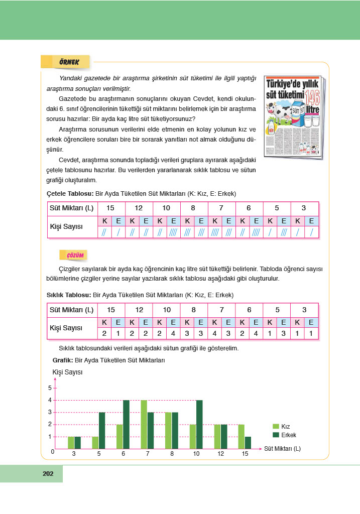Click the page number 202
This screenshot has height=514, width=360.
click(48, 473)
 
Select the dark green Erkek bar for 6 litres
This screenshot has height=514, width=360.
click(127, 424)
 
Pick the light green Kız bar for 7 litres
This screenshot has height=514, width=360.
click(144, 424)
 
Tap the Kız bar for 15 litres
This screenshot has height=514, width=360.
click(241, 436)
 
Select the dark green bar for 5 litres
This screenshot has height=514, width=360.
click(102, 430)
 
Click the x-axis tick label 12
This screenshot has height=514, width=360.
click(220, 454)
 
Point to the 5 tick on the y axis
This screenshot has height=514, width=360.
click(50, 388)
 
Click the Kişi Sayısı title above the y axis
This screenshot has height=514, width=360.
click(67, 372)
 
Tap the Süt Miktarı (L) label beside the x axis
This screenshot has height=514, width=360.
click(283, 448)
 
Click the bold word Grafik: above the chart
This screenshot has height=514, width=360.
click(62, 360)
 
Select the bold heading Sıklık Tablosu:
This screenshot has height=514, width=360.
click(69, 295)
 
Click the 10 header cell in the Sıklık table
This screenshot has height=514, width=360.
click(166, 310)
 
